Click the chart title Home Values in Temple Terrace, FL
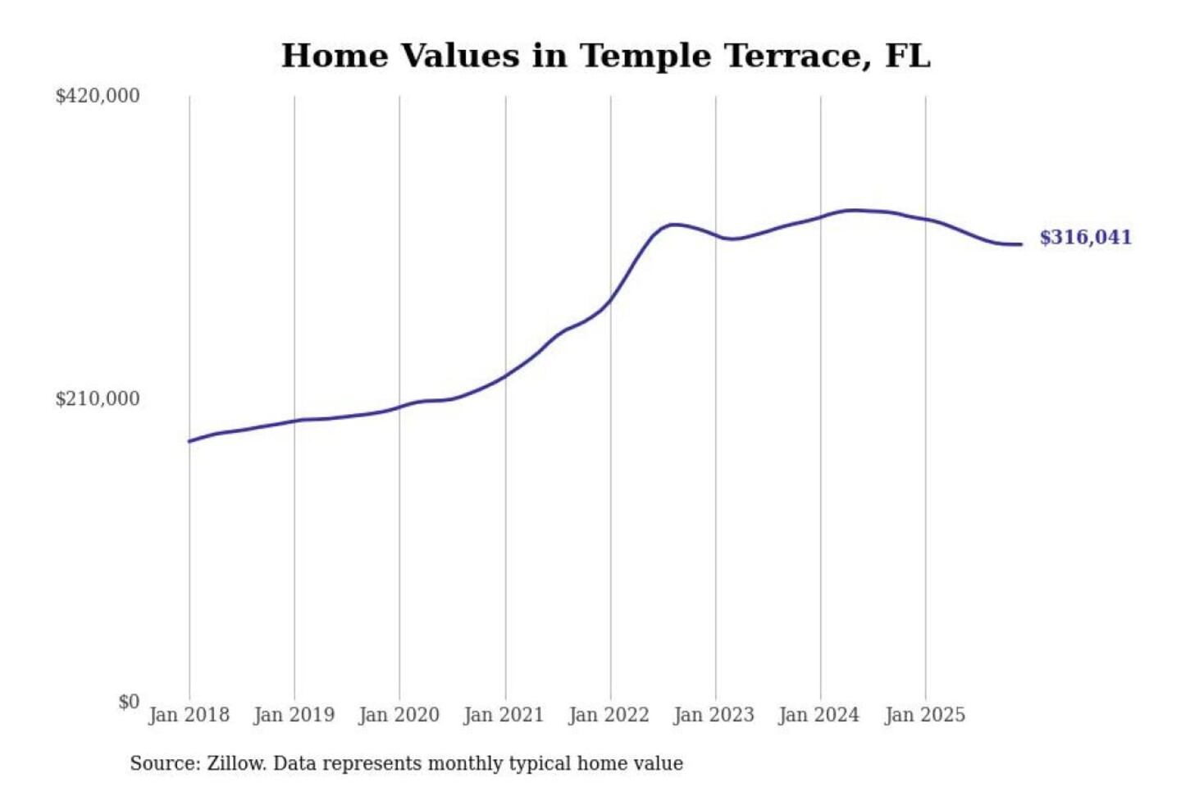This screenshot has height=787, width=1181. click(x=605, y=56)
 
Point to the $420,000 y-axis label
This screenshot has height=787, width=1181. click(x=98, y=96)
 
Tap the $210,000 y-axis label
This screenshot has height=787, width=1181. click(x=98, y=399)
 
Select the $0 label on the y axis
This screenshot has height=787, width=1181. click(x=129, y=702)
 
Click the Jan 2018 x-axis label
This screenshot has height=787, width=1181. click(x=189, y=715)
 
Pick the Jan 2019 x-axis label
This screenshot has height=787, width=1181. click(x=294, y=715)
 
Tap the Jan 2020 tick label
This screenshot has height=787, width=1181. click(x=399, y=715)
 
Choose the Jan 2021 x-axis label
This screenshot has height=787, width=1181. click(x=504, y=715)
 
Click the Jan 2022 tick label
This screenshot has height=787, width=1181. click(x=609, y=715)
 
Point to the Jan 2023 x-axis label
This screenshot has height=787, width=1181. click(x=714, y=715)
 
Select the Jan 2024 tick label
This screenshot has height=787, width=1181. click(x=819, y=715)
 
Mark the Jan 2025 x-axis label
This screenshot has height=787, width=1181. click(x=925, y=715)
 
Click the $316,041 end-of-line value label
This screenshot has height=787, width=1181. click(x=1085, y=238)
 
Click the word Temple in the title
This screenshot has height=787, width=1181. click(x=647, y=56)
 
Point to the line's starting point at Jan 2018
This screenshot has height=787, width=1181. click(x=189, y=442)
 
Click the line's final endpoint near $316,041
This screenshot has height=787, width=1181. click(x=1020, y=244)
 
